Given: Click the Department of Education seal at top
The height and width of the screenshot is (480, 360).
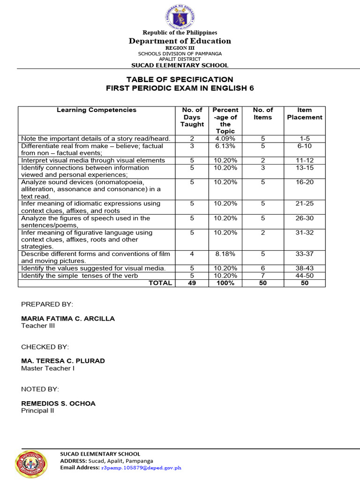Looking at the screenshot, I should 180,16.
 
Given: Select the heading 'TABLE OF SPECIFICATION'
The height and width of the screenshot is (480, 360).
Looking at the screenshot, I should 180,79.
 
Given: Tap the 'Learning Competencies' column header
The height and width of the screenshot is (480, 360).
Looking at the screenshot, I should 97,110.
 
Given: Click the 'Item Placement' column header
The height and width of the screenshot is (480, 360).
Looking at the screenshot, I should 305,114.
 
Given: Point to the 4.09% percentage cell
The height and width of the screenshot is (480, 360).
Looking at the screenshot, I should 225,139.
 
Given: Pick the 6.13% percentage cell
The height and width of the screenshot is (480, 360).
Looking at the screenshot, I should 225,146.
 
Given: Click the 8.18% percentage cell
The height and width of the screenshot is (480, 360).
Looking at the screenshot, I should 225,254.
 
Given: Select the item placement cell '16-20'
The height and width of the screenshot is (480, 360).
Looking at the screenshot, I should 305,182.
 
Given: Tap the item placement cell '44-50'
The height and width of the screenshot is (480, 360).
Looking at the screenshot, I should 305,276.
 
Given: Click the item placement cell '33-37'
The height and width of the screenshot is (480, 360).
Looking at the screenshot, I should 305,254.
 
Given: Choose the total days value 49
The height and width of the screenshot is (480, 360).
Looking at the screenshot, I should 192,283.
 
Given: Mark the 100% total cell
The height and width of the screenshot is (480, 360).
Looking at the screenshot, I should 225,283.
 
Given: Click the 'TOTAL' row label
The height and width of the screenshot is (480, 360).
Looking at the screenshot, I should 160,283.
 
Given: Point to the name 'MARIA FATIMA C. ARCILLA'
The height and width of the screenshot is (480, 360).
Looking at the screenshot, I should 68,319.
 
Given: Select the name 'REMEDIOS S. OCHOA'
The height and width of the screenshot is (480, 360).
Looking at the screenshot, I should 58,404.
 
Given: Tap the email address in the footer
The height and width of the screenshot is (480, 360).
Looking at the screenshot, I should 141,467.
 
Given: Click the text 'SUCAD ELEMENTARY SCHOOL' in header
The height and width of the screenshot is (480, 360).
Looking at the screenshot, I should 180,66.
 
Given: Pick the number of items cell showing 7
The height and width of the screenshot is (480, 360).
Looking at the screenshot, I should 262,276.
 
